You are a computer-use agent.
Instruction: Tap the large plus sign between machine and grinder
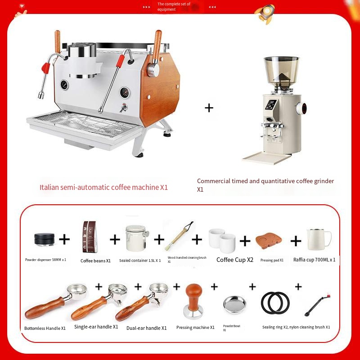209,108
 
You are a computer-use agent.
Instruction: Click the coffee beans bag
90,237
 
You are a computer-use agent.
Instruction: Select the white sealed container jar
137,238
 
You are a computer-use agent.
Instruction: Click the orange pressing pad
269,241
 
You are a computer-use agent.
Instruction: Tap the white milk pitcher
319,239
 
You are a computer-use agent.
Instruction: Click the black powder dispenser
44,239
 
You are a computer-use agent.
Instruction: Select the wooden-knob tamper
194,301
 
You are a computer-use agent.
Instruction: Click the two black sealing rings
275,303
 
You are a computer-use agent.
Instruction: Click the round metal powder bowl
234,305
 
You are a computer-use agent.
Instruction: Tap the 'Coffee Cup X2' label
234,260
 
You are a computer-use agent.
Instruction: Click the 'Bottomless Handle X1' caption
45,328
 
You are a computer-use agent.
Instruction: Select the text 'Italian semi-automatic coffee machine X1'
103,187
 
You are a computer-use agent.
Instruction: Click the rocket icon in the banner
265,14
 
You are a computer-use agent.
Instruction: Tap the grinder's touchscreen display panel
271,105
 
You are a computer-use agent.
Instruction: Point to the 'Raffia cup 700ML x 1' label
314,260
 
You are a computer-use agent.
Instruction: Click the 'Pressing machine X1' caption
195,328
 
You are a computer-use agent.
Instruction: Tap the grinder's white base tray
266,158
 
